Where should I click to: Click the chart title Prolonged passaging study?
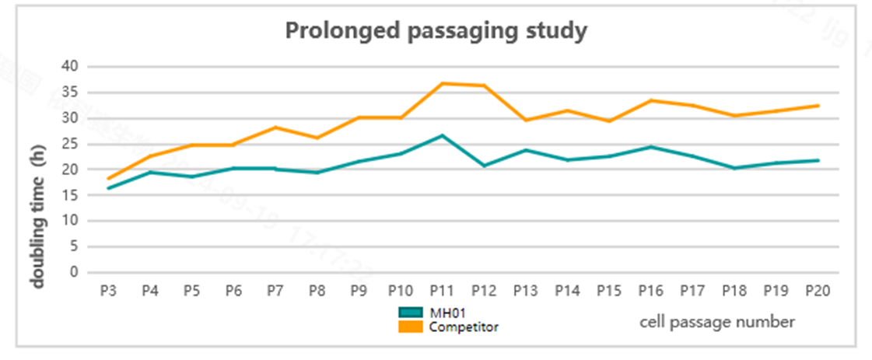(436, 31)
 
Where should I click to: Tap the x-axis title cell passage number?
(717, 321)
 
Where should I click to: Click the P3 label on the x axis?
(108, 291)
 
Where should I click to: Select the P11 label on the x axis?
(442, 291)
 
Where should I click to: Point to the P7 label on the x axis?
(275, 291)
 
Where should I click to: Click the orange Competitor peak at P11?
(442, 83)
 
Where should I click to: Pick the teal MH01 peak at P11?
(442, 135)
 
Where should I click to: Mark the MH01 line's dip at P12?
(484, 166)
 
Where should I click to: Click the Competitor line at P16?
(650, 100)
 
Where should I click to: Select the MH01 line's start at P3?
(108, 188)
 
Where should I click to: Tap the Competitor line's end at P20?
(817, 105)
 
